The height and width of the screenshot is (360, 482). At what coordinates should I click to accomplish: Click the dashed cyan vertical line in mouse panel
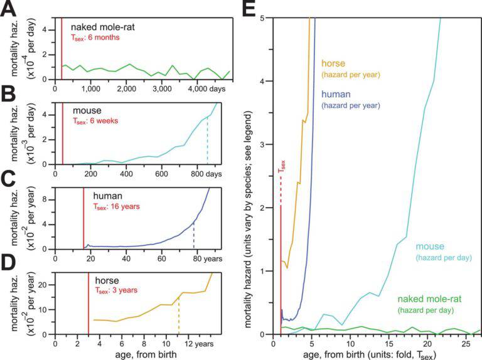click(x=207, y=146)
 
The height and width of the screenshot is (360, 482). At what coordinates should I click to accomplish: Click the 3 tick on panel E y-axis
click(x=266, y=144)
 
